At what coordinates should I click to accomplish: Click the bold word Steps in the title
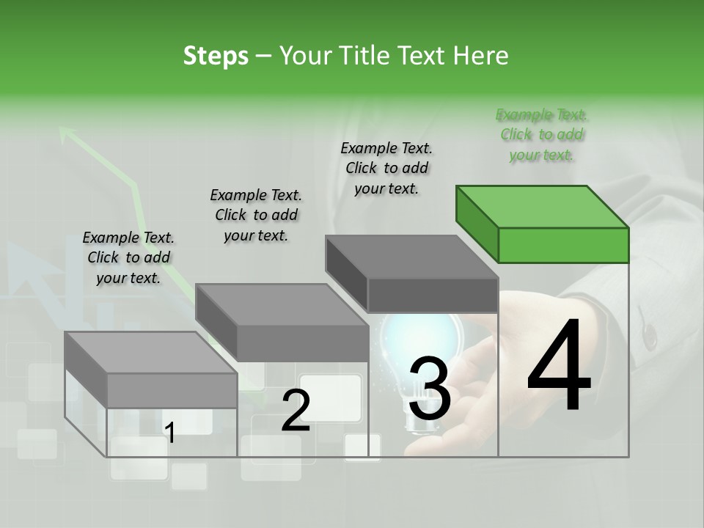216,56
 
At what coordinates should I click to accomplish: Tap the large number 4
560,367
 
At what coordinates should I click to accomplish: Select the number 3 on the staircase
430,389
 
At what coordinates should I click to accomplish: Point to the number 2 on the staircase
296,411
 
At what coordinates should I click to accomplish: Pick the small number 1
170,433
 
